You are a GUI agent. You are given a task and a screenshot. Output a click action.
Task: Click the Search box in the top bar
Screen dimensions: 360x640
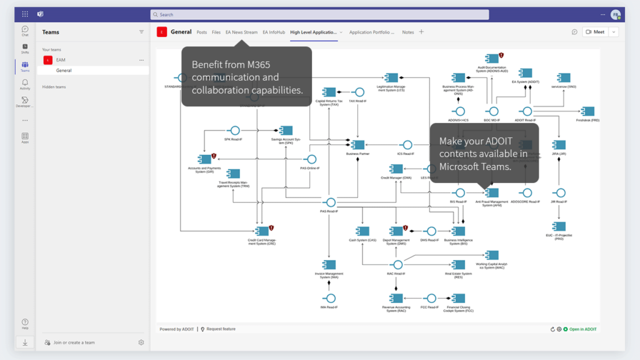tap(375, 14)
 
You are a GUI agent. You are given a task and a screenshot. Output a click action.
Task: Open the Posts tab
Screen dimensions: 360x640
tap(202, 32)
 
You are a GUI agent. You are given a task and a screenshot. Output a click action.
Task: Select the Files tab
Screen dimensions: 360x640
tap(216, 32)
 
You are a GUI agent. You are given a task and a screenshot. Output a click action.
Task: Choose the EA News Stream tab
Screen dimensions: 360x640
tap(241, 32)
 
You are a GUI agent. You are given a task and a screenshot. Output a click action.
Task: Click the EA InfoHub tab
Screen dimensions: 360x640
tap(274, 32)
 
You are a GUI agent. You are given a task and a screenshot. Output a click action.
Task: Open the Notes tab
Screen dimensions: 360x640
tap(408, 32)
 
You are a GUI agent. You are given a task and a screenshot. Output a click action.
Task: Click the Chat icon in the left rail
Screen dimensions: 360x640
tap(25, 31)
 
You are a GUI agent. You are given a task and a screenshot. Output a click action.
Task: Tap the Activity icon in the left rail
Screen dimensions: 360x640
tap(25, 84)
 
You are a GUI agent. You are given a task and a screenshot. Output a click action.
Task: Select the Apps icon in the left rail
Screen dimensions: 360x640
tap(25, 137)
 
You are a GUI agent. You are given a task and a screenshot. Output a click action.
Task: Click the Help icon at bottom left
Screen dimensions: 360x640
tap(25, 323)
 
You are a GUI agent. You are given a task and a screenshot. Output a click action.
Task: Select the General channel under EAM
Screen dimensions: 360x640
tap(64, 71)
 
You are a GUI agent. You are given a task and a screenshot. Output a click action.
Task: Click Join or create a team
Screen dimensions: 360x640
tap(74, 342)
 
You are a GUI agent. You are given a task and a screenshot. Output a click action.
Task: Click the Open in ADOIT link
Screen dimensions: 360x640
tap(582, 329)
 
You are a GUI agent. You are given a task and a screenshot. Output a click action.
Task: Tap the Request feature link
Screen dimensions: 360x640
tap(221, 329)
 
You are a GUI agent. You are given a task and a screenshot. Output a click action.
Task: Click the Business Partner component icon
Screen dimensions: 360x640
tap(357, 145)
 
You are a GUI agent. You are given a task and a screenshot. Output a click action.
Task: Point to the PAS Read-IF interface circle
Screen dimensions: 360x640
tap(331, 202)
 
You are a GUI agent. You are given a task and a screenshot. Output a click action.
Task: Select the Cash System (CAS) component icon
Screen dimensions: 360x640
tap(362, 231)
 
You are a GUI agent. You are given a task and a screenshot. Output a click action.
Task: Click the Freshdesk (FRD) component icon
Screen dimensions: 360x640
tap(587, 111)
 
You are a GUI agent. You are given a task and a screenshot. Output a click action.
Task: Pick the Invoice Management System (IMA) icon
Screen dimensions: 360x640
tap(329, 265)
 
